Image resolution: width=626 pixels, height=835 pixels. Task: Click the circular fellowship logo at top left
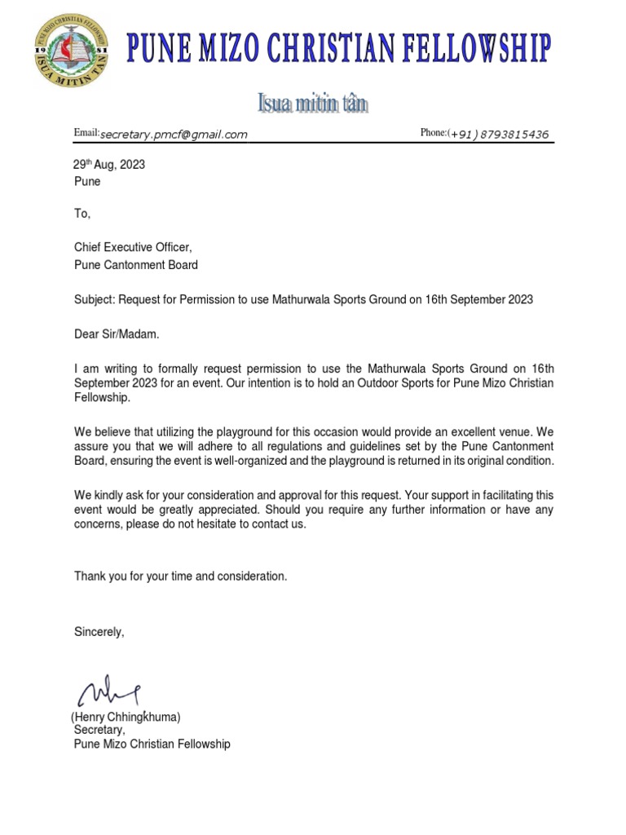[71, 51]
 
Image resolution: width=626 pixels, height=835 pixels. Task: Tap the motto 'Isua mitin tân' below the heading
[312, 104]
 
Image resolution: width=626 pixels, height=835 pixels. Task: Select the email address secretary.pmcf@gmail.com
[173, 135]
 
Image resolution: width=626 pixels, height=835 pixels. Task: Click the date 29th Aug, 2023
[109, 165]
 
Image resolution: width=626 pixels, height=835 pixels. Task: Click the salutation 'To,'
[82, 214]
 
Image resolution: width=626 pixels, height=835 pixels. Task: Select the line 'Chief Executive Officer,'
[134, 248]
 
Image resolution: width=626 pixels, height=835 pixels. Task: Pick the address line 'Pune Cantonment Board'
[135, 265]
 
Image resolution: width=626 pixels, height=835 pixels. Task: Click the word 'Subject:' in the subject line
[95, 299]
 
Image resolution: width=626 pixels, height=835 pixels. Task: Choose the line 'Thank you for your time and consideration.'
[180, 577]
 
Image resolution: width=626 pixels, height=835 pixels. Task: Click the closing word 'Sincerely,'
[99, 631]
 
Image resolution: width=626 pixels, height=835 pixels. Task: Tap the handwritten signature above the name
[108, 691]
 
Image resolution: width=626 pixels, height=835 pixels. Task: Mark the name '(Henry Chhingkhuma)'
[126, 717]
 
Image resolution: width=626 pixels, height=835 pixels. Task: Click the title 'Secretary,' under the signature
[99, 730]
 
